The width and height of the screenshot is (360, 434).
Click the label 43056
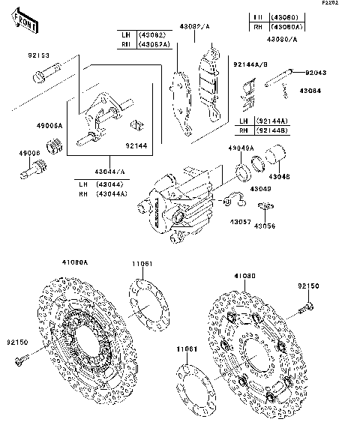click(265, 225)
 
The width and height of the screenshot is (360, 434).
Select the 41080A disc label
click(75, 262)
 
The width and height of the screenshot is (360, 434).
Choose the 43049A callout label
click(240, 148)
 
